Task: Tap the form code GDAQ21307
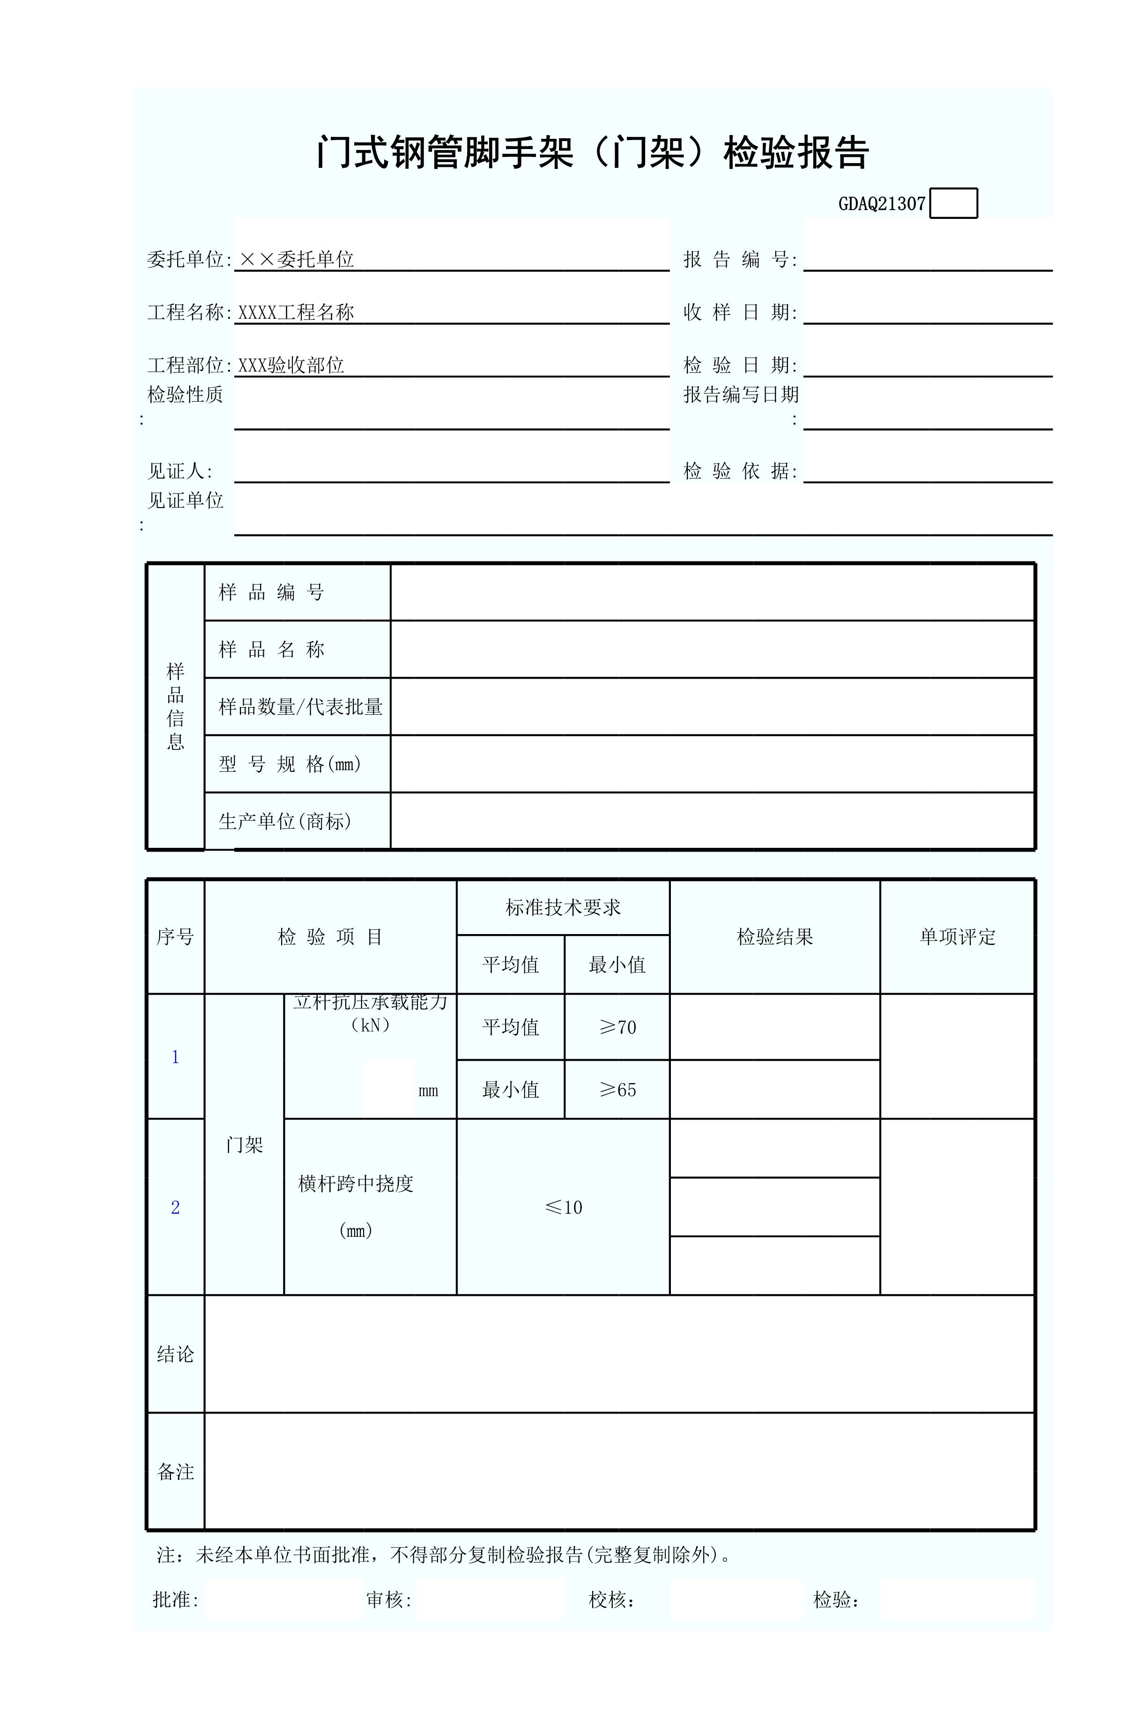(x=881, y=204)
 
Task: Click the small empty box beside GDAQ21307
(x=953, y=203)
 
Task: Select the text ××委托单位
(x=296, y=260)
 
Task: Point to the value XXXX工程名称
(x=296, y=312)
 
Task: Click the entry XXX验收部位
(x=291, y=366)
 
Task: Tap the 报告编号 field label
(x=740, y=260)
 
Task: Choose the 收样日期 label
(x=740, y=312)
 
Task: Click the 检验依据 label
(x=740, y=471)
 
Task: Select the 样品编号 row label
(x=272, y=592)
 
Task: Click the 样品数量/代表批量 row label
(x=300, y=707)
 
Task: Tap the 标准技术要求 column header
(x=563, y=908)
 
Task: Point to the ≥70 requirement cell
(x=617, y=1027)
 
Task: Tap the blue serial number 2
(x=175, y=1208)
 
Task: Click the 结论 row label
(x=175, y=1354)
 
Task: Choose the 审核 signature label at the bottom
(x=388, y=1600)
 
